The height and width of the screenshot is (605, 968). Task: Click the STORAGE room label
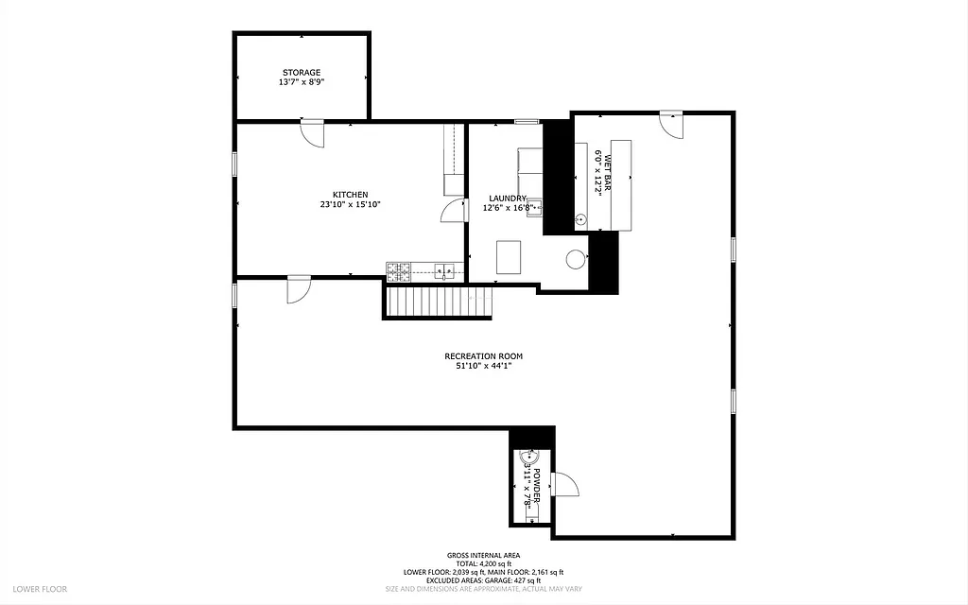point(301,72)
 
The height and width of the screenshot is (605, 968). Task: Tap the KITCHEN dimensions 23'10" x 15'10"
point(350,204)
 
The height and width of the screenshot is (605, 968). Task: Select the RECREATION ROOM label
point(483,356)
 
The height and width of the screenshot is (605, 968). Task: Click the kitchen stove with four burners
point(398,272)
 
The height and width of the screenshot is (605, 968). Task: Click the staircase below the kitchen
point(439,302)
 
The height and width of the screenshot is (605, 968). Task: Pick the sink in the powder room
point(527,463)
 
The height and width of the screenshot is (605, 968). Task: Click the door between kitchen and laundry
point(454,210)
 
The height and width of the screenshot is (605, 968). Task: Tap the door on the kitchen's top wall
point(312,132)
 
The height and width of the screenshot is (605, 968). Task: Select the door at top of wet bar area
point(670,124)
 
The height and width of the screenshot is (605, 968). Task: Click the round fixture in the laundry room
point(575,258)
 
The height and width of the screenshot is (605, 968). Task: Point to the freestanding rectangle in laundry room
point(509,256)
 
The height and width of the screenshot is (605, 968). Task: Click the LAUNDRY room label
point(508,198)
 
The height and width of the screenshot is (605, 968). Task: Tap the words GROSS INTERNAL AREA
point(483,555)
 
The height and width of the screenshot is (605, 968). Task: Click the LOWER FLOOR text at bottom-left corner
point(41,589)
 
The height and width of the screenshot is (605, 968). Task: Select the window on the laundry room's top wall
point(527,121)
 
